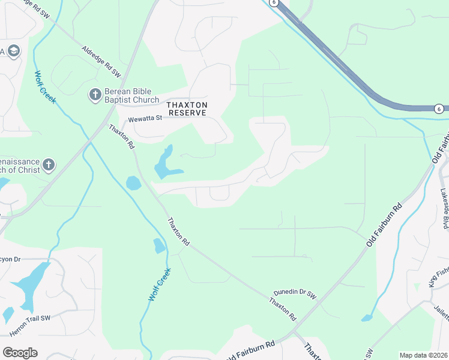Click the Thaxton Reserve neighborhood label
pyautogui.click(x=187, y=109)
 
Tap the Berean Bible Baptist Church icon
pyautogui.click(x=94, y=95)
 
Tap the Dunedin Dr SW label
pyautogui.click(x=294, y=294)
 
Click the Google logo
pyautogui.click(x=20, y=353)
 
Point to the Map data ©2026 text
pyautogui.click(x=423, y=355)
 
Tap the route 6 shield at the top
pyautogui.click(x=274, y=2)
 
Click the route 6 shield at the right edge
pyautogui.click(x=440, y=108)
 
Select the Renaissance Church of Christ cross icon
pyautogui.click(x=49, y=164)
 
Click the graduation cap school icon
pyautogui.click(x=14, y=51)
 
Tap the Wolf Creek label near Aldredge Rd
pyautogui.click(x=44, y=87)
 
